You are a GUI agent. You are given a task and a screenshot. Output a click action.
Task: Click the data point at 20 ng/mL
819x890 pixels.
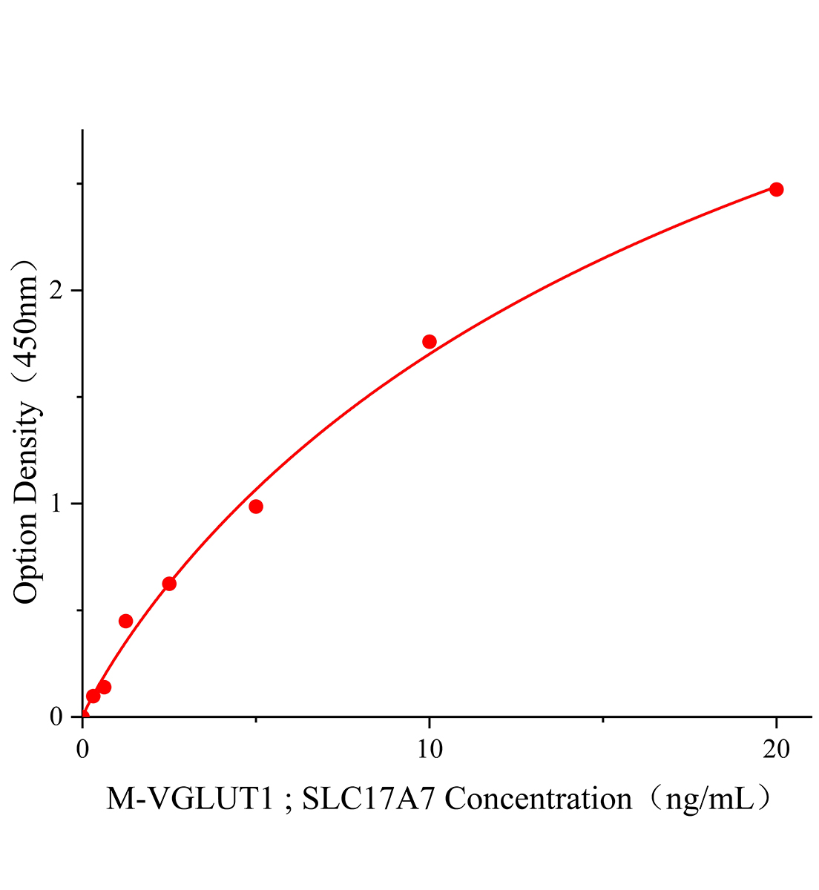pos(776,189)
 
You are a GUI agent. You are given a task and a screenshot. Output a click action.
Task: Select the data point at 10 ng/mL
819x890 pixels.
pos(429,342)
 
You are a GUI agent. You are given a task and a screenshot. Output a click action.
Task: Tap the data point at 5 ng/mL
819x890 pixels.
pos(256,507)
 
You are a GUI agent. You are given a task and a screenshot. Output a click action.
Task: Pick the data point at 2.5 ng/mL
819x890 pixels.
pos(169,584)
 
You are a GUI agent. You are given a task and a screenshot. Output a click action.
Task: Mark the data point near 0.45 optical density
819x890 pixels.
pos(125,621)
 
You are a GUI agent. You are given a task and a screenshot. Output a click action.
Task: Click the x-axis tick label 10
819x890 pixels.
pos(429,750)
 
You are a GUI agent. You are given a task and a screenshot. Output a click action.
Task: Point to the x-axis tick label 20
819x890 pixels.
pos(776,750)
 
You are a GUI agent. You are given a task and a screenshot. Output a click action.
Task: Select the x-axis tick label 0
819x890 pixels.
pos(82,750)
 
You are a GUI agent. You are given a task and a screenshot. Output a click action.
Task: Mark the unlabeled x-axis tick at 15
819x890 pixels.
pos(602,719)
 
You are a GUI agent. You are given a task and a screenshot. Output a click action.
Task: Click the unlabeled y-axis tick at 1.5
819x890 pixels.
pos(79,397)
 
